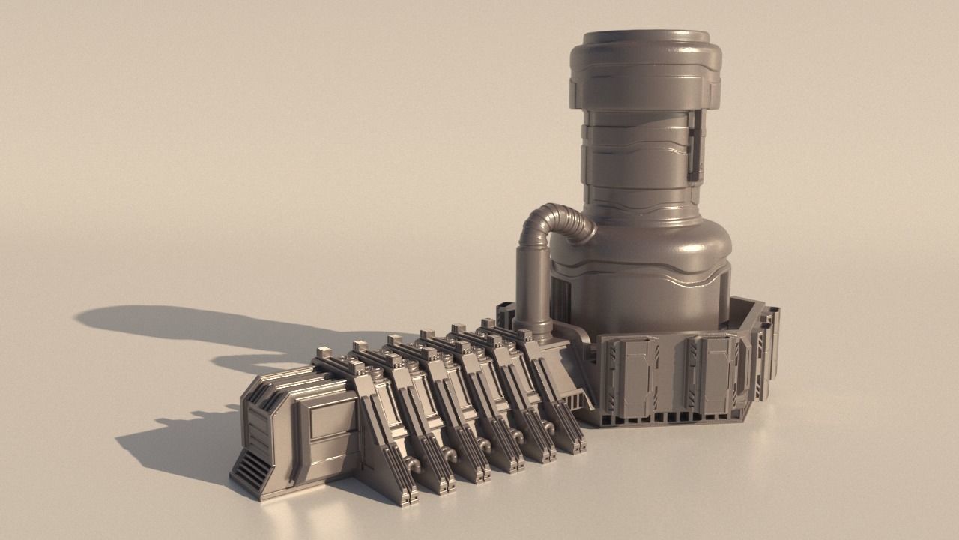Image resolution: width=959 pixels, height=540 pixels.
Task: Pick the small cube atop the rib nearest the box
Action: click(x=325, y=353)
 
